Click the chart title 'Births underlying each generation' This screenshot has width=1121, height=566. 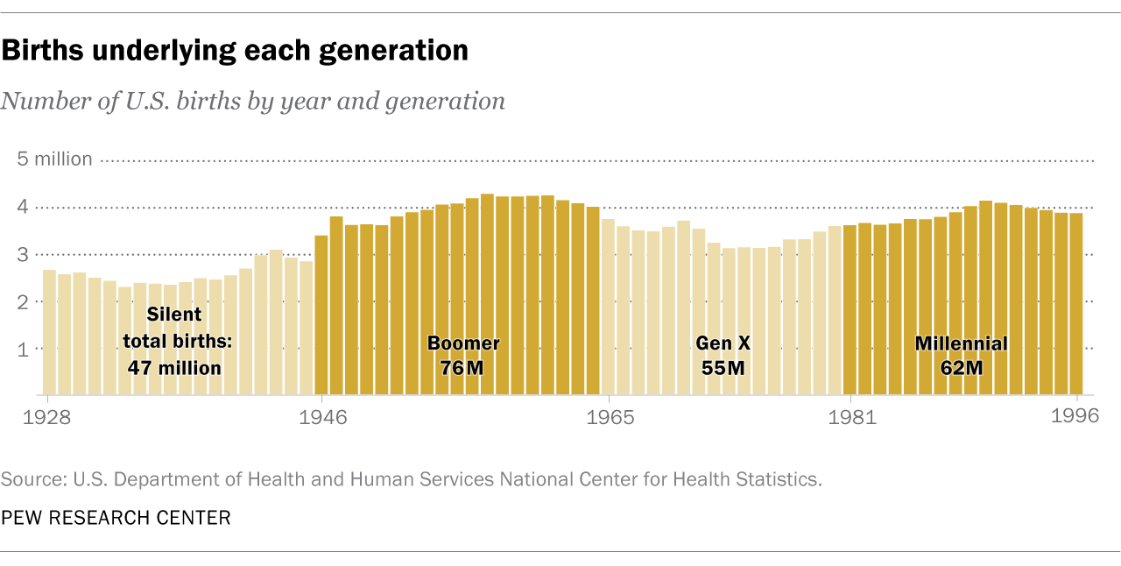tap(234, 52)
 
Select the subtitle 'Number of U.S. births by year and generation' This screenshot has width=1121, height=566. tap(253, 102)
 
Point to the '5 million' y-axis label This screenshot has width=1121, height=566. tap(54, 159)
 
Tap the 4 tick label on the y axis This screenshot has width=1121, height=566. tap(24, 208)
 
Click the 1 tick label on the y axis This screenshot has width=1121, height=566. tap(24, 349)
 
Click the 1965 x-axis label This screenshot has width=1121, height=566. tap(610, 417)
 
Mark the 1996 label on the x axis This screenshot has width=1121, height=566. tap(1075, 417)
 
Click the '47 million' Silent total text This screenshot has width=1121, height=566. tap(175, 368)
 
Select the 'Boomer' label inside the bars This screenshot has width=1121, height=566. tap(463, 343)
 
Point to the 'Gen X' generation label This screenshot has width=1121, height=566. tap(723, 343)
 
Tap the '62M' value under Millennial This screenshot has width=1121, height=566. tap(962, 368)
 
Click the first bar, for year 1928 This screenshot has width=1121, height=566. tap(49, 333)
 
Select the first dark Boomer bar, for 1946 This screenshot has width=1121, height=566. tap(321, 315)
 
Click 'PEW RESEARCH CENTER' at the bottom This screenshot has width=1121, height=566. tap(116, 518)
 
